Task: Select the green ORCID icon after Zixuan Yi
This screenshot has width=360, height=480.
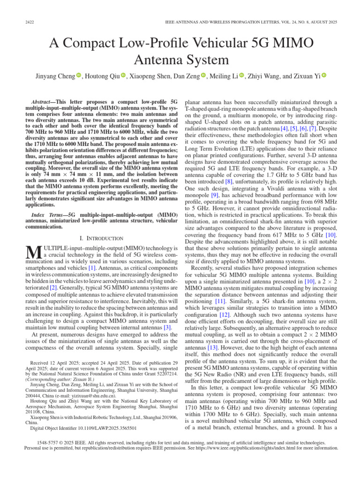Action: [323, 75]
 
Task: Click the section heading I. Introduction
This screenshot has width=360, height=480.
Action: [102, 238]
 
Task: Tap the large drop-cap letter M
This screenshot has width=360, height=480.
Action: [30, 251]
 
